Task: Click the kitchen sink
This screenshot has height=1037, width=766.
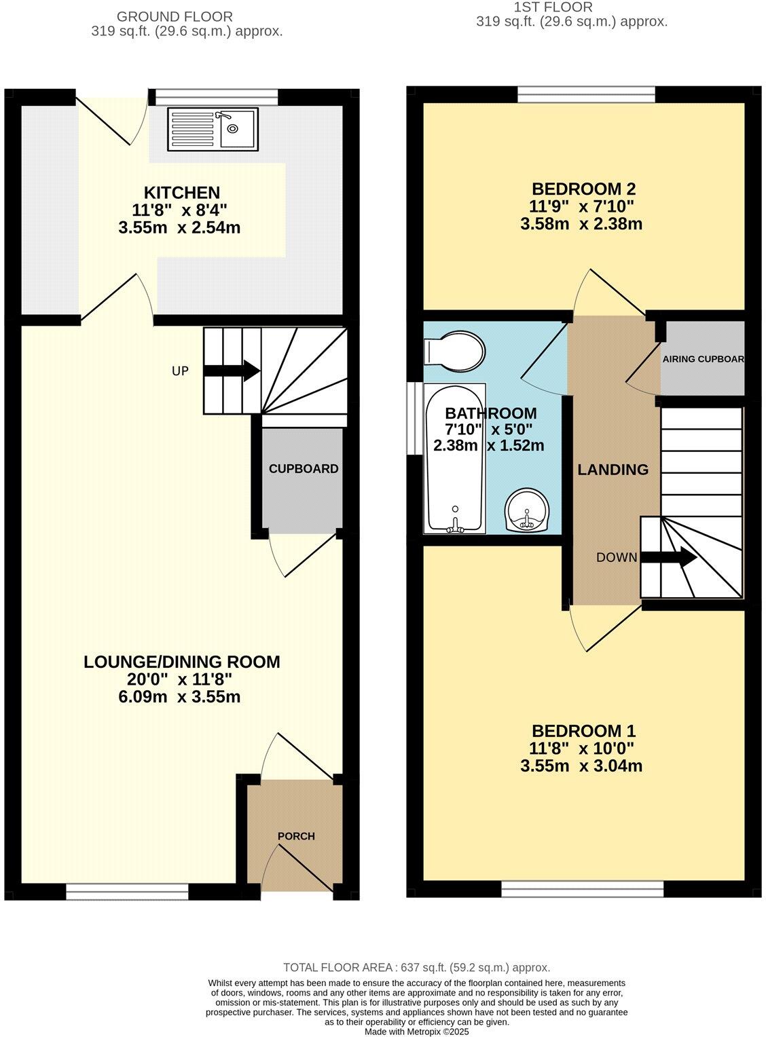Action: coord(213,128)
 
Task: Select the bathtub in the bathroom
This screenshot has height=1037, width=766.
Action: coord(454,458)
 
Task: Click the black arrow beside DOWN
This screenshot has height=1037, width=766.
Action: coord(668,558)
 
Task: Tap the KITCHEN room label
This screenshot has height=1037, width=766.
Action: coord(181,192)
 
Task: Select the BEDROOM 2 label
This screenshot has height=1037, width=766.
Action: coord(583,189)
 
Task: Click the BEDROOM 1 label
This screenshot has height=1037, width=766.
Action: coord(583,731)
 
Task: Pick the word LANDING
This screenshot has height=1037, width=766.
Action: coord(613,469)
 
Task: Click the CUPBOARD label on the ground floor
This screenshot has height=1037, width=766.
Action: coord(303,468)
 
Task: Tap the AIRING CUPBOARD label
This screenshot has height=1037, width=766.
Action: coord(703,359)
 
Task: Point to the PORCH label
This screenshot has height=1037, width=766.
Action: coord(296,835)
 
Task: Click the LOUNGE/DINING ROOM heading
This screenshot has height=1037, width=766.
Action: coord(181,662)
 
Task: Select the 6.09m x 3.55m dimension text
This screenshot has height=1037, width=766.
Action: coord(179,697)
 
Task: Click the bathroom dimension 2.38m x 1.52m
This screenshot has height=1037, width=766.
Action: coord(489,446)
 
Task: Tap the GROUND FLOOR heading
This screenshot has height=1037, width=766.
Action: coord(175,16)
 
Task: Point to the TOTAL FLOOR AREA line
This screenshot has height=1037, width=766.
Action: coord(416,968)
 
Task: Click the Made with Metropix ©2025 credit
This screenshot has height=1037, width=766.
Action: coord(416,1032)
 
